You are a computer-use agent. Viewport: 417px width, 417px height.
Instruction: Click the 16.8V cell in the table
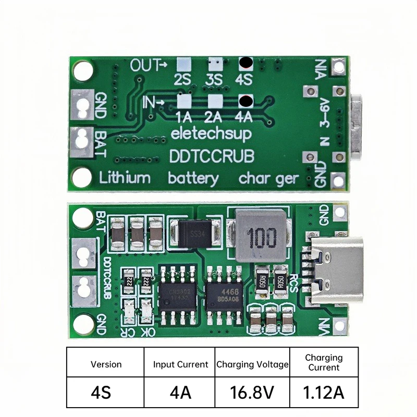pyautogui.click(x=252, y=391)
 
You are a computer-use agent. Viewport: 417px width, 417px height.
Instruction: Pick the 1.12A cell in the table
pyautogui.click(x=323, y=391)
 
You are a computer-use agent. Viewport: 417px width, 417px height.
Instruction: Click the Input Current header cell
pyautogui.click(x=180, y=364)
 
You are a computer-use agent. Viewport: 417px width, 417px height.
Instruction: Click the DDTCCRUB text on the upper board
pyautogui.click(x=212, y=155)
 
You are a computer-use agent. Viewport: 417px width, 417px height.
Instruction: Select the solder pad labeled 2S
pyautogui.click(x=182, y=64)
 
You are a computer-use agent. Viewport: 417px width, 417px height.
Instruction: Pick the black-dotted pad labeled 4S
pyautogui.click(x=245, y=64)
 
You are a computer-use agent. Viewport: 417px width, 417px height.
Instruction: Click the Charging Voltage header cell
pyautogui.click(x=252, y=364)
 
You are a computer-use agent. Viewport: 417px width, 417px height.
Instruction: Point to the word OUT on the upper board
pyautogui.click(x=142, y=66)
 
